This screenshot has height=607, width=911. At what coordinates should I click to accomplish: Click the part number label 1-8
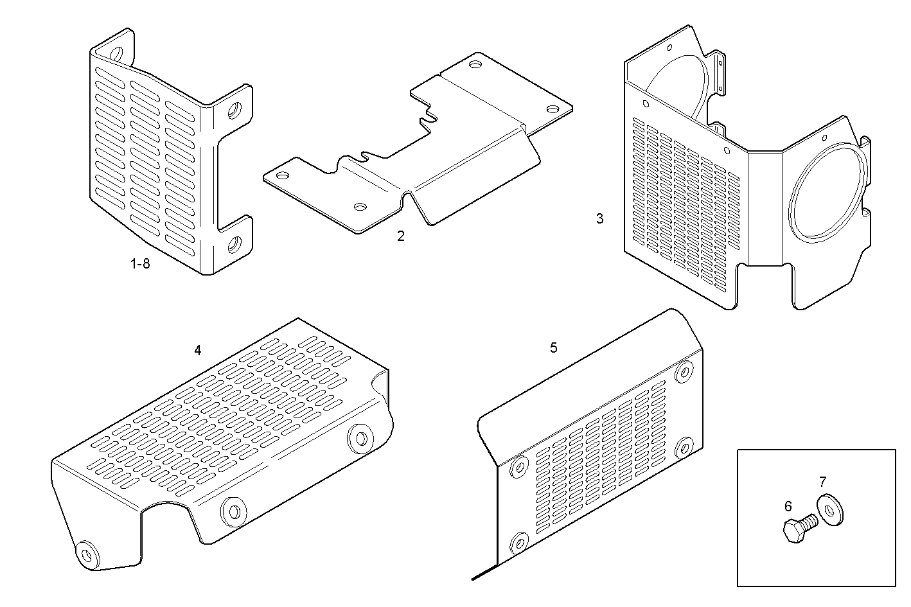(140, 263)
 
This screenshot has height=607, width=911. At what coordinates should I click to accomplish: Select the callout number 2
(401, 236)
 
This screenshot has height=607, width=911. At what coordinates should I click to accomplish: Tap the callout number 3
(599, 218)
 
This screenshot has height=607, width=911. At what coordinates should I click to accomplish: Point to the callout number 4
(198, 350)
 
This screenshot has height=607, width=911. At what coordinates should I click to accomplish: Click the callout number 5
(554, 348)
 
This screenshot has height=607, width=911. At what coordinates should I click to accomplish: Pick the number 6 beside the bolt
(788, 506)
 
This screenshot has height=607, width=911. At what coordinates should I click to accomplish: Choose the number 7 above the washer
(822, 481)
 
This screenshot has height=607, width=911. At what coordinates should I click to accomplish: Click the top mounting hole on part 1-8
(116, 52)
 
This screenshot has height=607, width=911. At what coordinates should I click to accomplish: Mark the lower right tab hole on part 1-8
(234, 244)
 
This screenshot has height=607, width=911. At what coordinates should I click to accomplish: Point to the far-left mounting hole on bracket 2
(281, 175)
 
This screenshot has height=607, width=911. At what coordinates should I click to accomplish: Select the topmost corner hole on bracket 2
(475, 64)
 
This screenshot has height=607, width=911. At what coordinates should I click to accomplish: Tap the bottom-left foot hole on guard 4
(86, 553)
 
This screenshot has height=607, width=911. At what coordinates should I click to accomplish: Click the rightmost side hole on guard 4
(360, 438)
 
